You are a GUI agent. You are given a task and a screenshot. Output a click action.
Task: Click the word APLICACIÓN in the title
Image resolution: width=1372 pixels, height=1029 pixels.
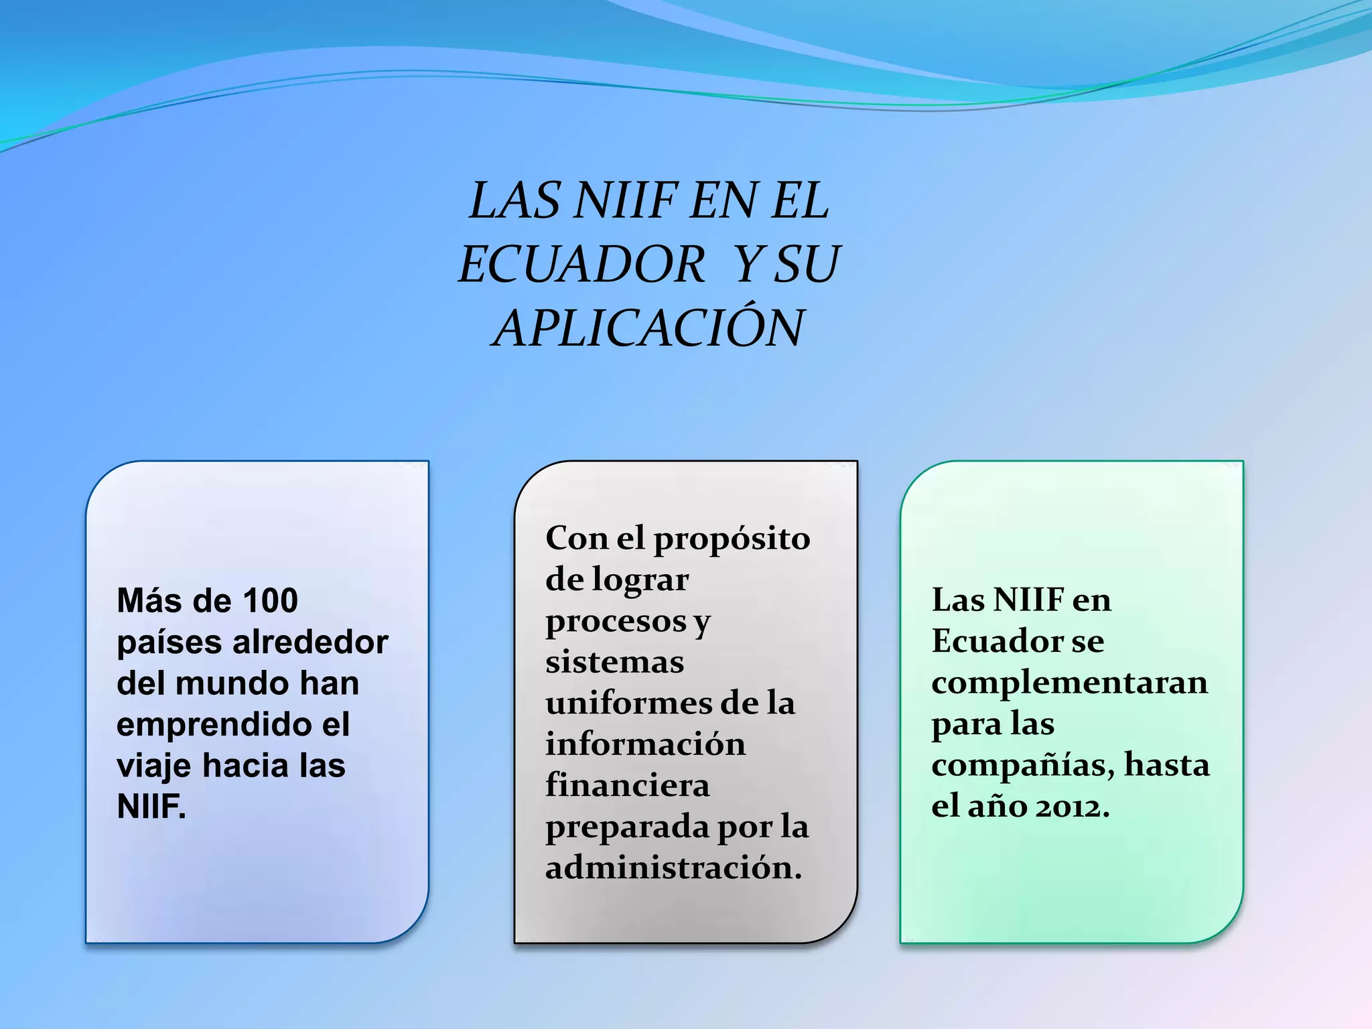tap(648, 328)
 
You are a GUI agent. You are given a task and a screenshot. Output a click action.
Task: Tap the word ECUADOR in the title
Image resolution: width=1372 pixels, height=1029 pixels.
tap(581, 264)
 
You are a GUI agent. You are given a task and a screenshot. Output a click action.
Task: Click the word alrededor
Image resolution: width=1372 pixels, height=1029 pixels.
tap(310, 642)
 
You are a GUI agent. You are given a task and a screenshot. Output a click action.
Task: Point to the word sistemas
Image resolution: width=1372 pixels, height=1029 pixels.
tap(614, 663)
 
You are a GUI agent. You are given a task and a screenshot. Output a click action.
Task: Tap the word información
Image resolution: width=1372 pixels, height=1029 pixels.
tap(645, 744)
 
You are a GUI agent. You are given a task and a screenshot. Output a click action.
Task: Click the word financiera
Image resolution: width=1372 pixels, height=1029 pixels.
tap(627, 786)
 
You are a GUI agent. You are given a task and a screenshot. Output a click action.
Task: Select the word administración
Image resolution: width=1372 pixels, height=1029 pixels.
tap(673, 868)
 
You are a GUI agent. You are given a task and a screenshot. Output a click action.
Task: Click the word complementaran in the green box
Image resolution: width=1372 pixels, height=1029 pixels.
tap(1069, 683)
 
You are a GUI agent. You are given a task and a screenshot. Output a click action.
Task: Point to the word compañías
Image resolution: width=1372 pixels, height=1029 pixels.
tap(1023, 766)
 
